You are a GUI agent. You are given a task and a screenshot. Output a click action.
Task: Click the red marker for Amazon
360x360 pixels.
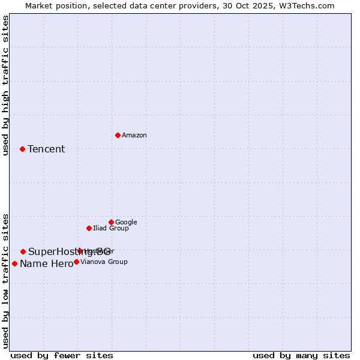[118, 135]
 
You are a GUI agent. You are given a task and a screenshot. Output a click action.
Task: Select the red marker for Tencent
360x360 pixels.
[23, 149]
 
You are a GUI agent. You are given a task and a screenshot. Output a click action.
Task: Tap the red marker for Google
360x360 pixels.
[111, 222]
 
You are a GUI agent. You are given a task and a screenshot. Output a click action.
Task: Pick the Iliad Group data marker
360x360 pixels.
[89, 228]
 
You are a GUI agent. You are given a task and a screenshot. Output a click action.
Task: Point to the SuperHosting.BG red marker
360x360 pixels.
[23, 251]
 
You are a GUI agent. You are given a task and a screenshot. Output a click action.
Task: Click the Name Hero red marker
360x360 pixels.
[14, 263]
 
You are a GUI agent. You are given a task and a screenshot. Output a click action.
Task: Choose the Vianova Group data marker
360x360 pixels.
[76, 262]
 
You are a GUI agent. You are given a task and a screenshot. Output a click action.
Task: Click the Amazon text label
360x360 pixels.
[134, 136]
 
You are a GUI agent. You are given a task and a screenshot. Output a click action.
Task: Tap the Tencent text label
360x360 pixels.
[46, 149]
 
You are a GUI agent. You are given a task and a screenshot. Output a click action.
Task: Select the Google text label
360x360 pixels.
[126, 223]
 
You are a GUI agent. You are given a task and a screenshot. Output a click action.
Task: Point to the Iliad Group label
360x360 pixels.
[111, 228]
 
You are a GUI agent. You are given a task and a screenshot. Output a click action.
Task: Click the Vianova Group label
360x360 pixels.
[104, 262]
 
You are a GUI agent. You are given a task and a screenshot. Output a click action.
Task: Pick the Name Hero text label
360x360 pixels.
[46, 264]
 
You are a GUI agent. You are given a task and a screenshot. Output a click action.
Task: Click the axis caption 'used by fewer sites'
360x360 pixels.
[62, 355]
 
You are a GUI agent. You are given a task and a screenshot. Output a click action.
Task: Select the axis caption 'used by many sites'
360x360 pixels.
[301, 355]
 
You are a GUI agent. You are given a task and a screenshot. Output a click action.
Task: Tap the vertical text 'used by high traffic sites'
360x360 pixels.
[5, 85]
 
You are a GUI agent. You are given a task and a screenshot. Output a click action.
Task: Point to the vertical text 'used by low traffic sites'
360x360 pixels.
[5, 280]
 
